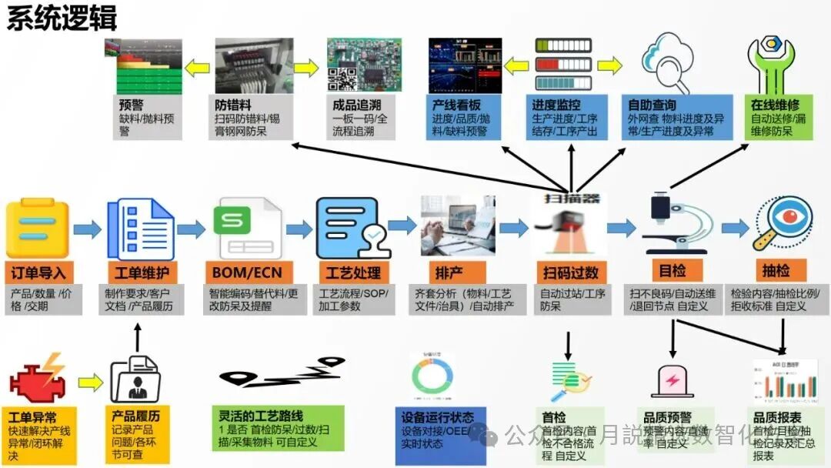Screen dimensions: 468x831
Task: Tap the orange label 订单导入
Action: point(38,272)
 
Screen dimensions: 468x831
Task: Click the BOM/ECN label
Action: point(245,272)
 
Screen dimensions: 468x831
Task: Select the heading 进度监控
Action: point(557,105)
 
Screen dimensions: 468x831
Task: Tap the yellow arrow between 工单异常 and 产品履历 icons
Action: point(91,381)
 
